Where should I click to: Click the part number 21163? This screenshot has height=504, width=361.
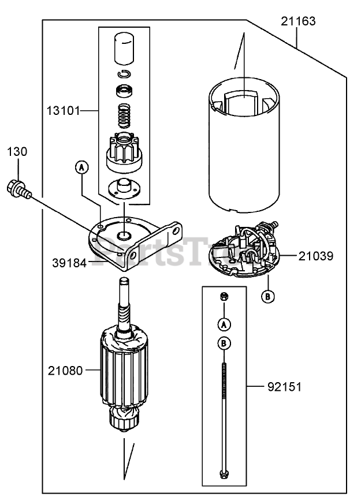coord(298,22)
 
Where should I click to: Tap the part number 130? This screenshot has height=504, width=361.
coord(17,152)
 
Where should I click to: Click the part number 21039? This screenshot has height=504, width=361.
coord(317,255)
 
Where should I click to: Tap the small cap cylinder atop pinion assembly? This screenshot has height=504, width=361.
coord(122,48)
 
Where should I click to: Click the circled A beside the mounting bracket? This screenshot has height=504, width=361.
coord(82,167)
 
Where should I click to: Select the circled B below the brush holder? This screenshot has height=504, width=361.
coord(268,296)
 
